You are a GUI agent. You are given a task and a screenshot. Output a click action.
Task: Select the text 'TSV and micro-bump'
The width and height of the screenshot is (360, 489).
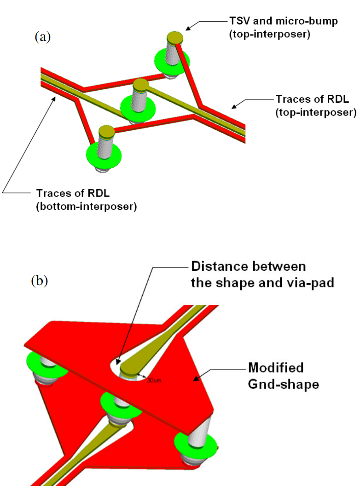pyautogui.click(x=275, y=21)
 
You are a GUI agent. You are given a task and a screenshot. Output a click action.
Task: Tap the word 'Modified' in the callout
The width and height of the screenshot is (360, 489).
pyautogui.click(x=276, y=368)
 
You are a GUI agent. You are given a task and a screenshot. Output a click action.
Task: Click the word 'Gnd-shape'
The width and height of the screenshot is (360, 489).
pyautogui.click(x=283, y=384)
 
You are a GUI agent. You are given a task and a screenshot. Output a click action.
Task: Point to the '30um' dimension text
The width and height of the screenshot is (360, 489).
pyautogui.click(x=153, y=380)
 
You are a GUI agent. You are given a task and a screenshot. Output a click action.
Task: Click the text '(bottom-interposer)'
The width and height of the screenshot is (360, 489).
pyautogui.click(x=86, y=206)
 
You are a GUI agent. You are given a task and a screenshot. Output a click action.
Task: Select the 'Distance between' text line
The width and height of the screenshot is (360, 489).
pyautogui.click(x=248, y=267)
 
